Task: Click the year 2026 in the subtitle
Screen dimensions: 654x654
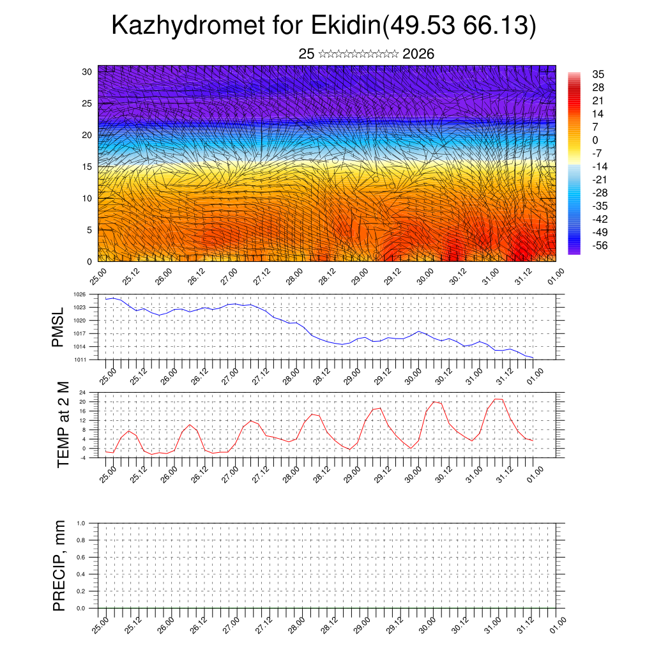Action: pyautogui.click(x=418, y=54)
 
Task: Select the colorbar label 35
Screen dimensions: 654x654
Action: pyautogui.click(x=598, y=74)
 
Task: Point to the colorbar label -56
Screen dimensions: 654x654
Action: pyautogui.click(x=601, y=245)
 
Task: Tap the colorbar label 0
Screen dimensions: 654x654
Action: pyautogui.click(x=595, y=140)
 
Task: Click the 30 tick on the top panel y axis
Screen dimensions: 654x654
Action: pyautogui.click(x=87, y=72)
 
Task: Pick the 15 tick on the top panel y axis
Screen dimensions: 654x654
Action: pyautogui.click(x=87, y=167)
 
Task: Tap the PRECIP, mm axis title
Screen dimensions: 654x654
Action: pyautogui.click(x=59, y=565)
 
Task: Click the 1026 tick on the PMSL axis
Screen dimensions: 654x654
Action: pyautogui.click(x=79, y=294)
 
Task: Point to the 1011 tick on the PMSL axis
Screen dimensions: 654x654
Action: pyautogui.click(x=79, y=360)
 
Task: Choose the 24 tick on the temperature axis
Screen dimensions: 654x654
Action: pyautogui.click(x=82, y=392)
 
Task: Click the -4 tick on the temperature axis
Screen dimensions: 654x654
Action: pyautogui.click(x=82, y=458)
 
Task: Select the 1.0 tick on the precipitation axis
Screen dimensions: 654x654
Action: pyautogui.click(x=81, y=522)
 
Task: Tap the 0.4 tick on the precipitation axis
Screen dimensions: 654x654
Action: pyautogui.click(x=81, y=574)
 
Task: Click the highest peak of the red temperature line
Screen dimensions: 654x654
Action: pyautogui.click(x=498, y=399)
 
